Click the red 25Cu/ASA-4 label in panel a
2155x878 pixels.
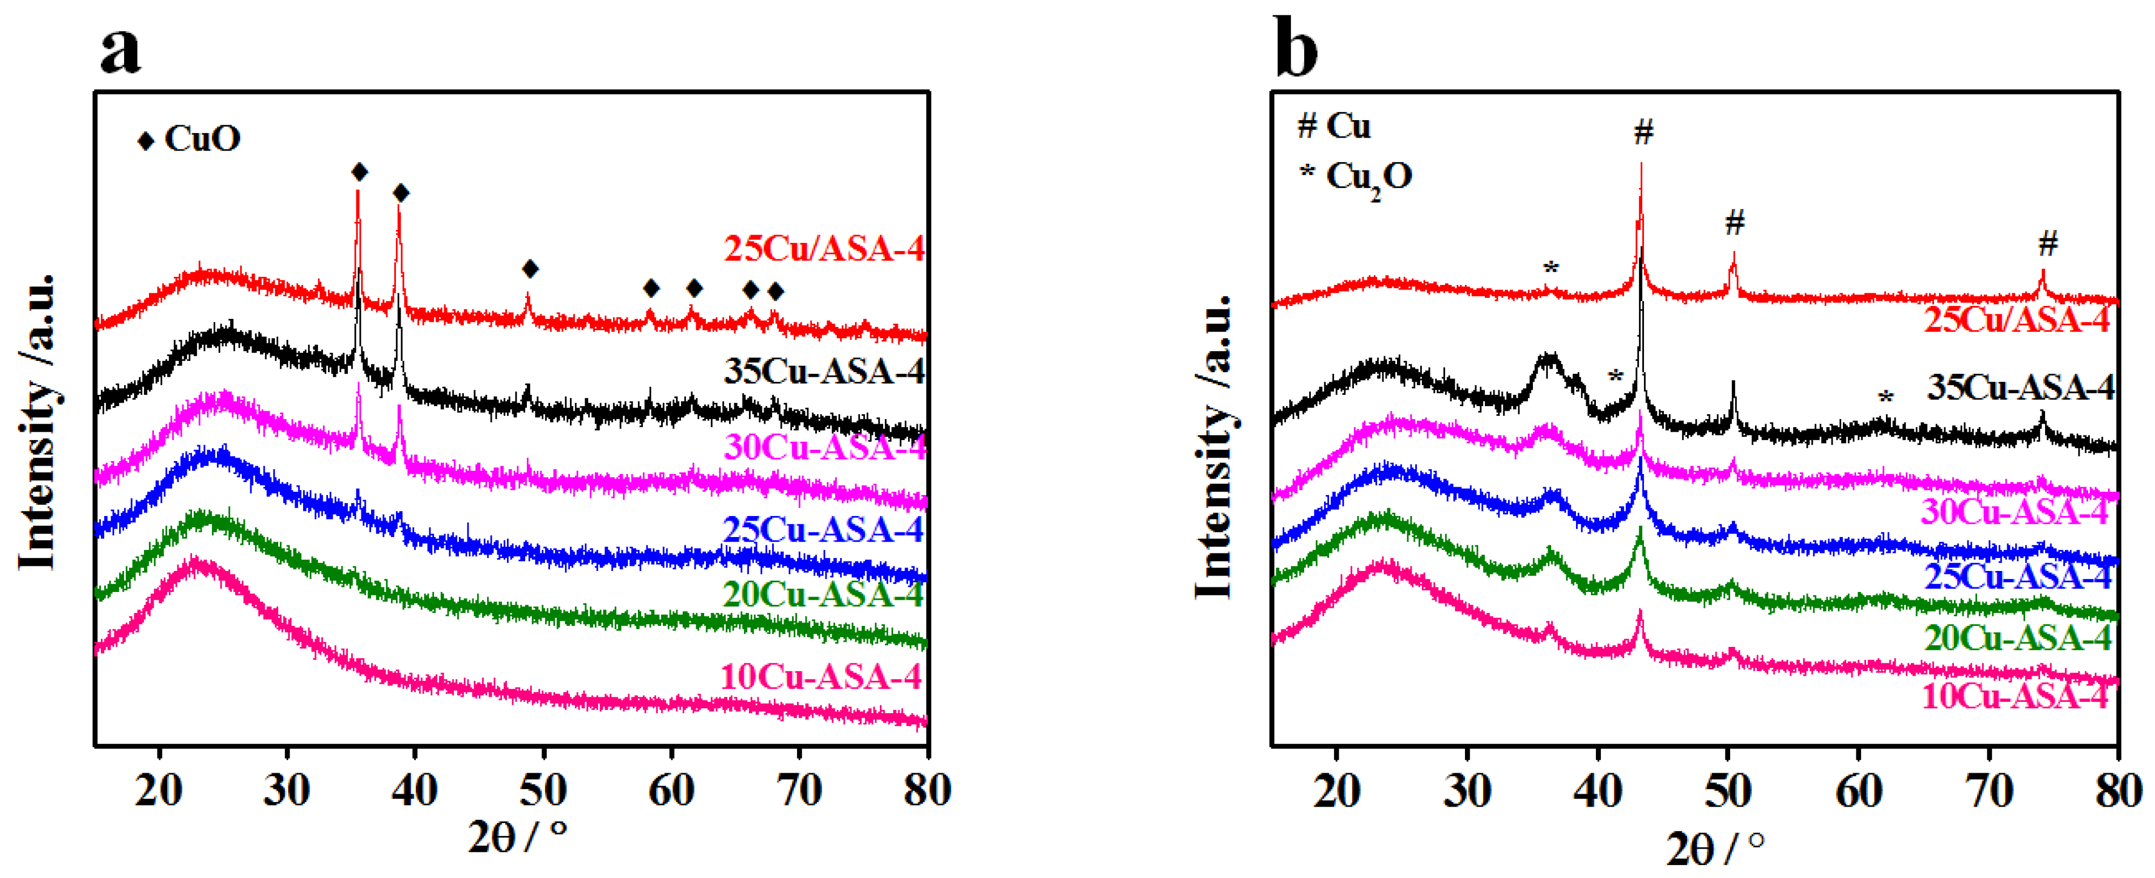824,249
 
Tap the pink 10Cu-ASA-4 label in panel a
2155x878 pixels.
821,676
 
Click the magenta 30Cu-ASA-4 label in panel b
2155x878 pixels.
2015,512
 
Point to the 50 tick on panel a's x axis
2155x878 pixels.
544,790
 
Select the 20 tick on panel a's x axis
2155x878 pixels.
159,790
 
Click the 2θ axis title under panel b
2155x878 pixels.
1714,849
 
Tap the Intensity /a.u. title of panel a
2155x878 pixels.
37,422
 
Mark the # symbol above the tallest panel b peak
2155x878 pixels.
1644,132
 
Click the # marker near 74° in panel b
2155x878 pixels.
2047,244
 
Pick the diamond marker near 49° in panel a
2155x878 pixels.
530,268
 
